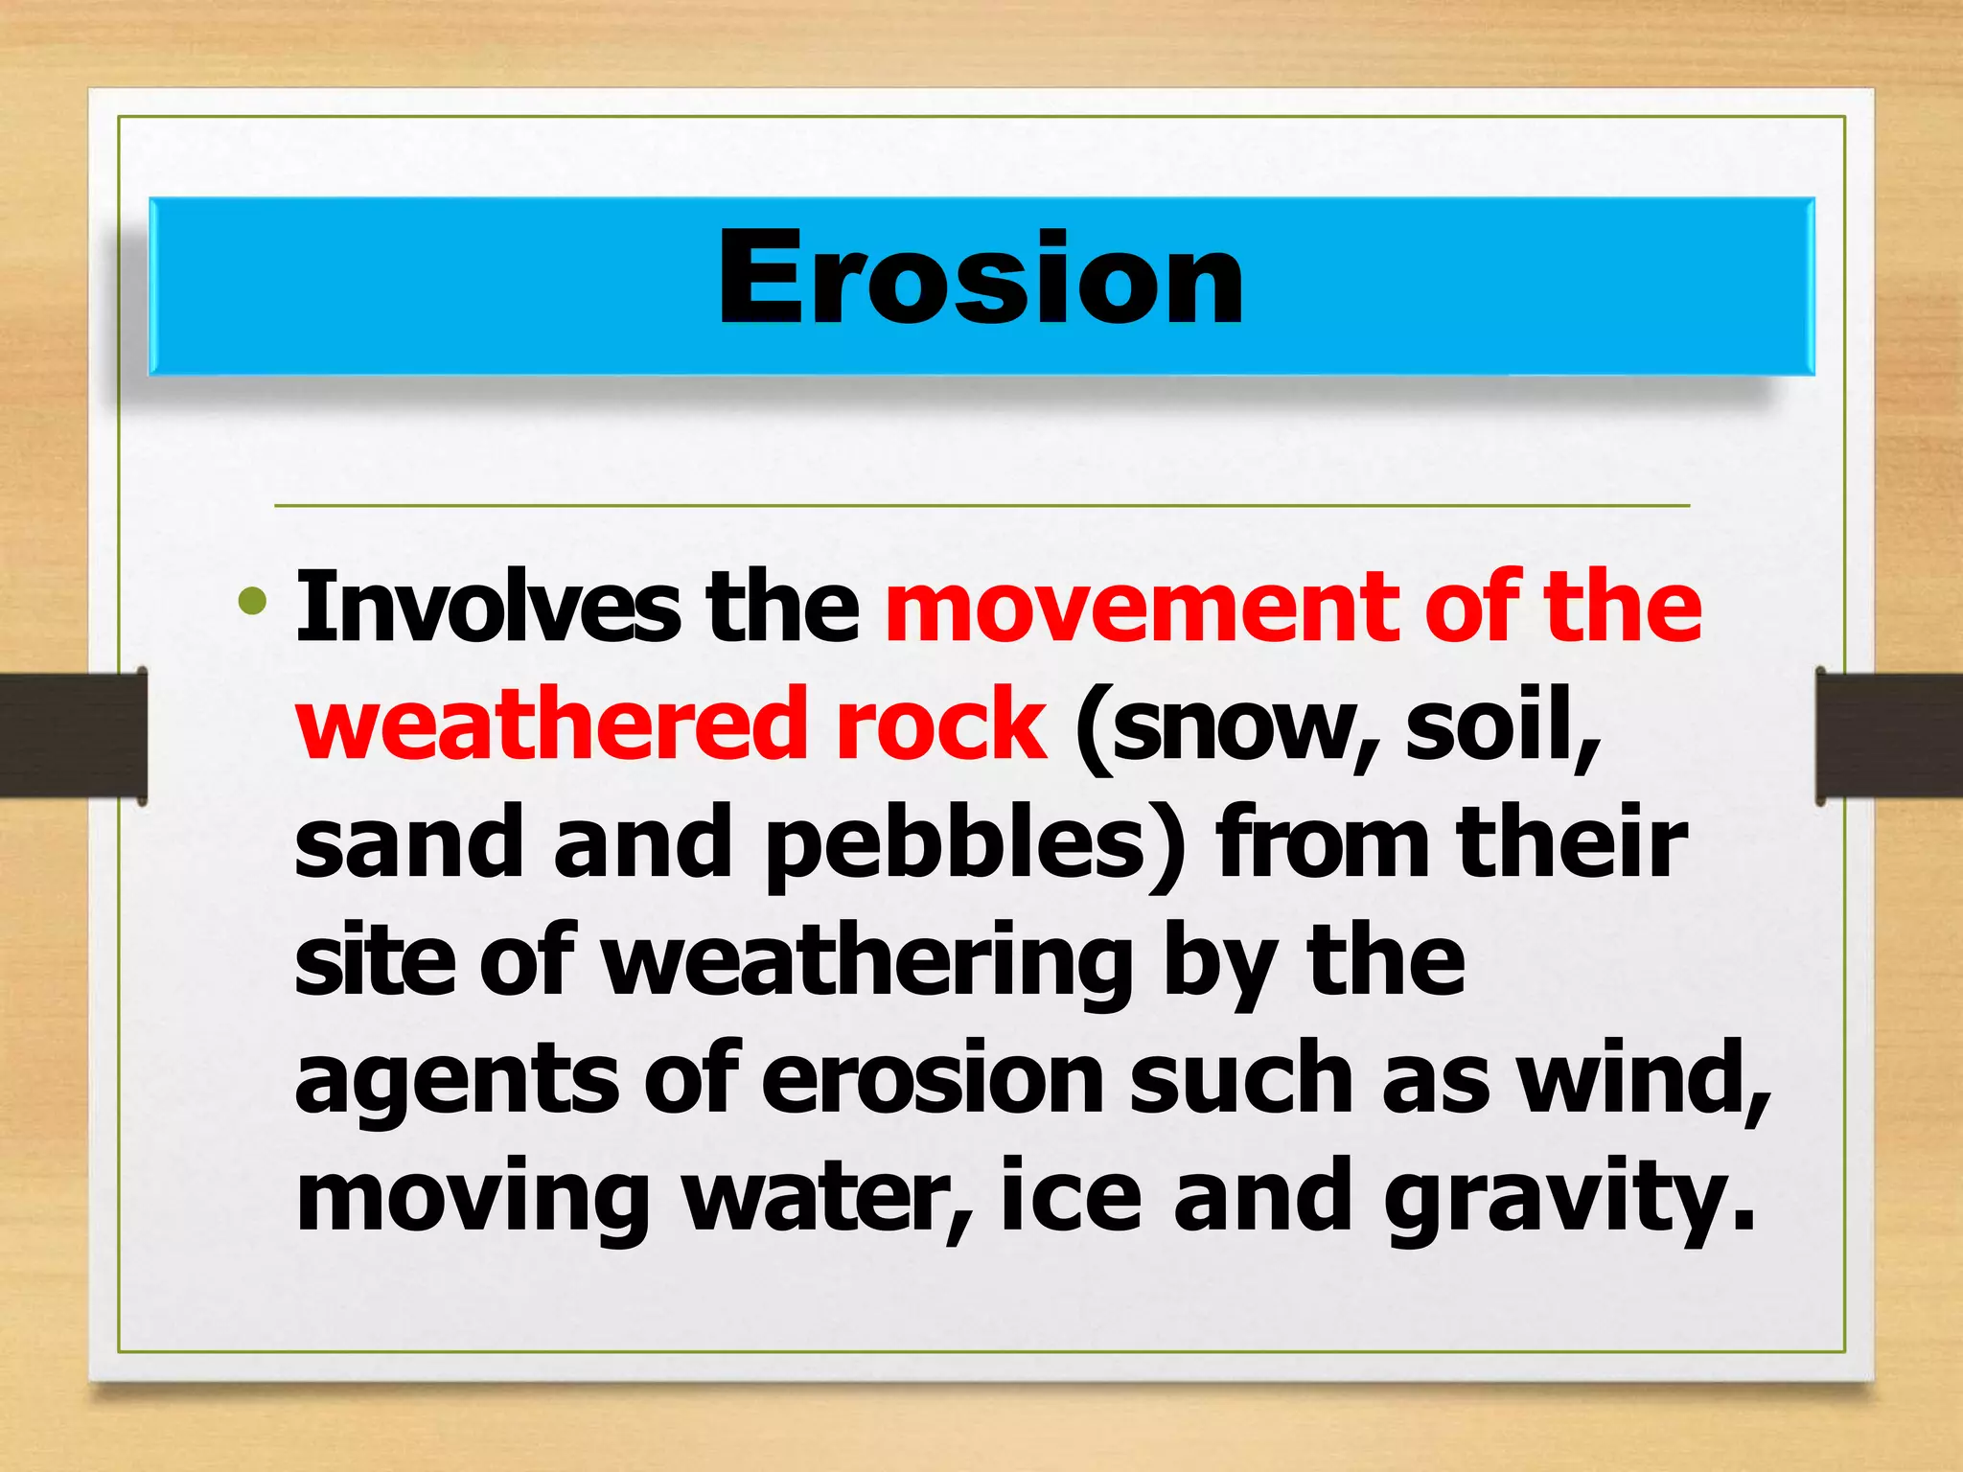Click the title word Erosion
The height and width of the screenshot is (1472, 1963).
point(981,279)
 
